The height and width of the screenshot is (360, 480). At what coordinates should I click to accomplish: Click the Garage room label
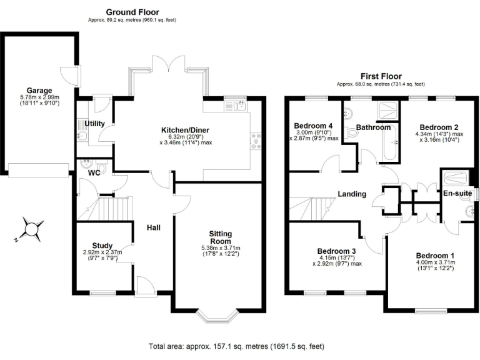click(39, 90)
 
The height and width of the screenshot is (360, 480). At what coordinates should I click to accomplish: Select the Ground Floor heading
click(132, 12)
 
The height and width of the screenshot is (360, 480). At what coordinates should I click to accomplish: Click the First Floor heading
click(380, 76)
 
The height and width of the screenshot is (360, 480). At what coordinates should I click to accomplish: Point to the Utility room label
click(95, 124)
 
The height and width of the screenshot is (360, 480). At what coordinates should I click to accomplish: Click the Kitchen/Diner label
click(185, 130)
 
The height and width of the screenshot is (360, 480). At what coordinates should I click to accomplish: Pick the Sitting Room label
click(220, 237)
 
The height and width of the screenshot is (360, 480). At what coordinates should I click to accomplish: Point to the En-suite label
click(457, 194)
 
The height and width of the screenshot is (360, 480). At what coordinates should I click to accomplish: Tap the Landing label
click(352, 194)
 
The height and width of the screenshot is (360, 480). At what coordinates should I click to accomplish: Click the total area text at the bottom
click(236, 346)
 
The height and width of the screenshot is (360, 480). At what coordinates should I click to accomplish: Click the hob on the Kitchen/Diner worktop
click(255, 141)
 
